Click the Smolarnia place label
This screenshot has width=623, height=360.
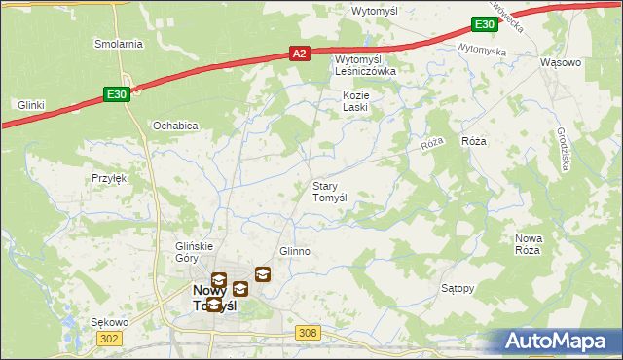tap(119, 44)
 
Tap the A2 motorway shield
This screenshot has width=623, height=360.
tap(301, 55)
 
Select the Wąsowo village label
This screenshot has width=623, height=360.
tap(560, 62)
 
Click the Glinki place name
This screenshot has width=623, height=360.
tap(32, 104)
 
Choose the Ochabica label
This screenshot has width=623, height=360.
tap(176, 126)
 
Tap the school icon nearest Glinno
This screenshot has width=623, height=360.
tap(263, 274)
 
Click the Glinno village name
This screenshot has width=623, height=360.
tap(295, 251)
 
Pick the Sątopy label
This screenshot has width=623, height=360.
tap(458, 289)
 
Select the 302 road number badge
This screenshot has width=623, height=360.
tap(109, 338)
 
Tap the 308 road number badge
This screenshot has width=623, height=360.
tap(308, 333)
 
